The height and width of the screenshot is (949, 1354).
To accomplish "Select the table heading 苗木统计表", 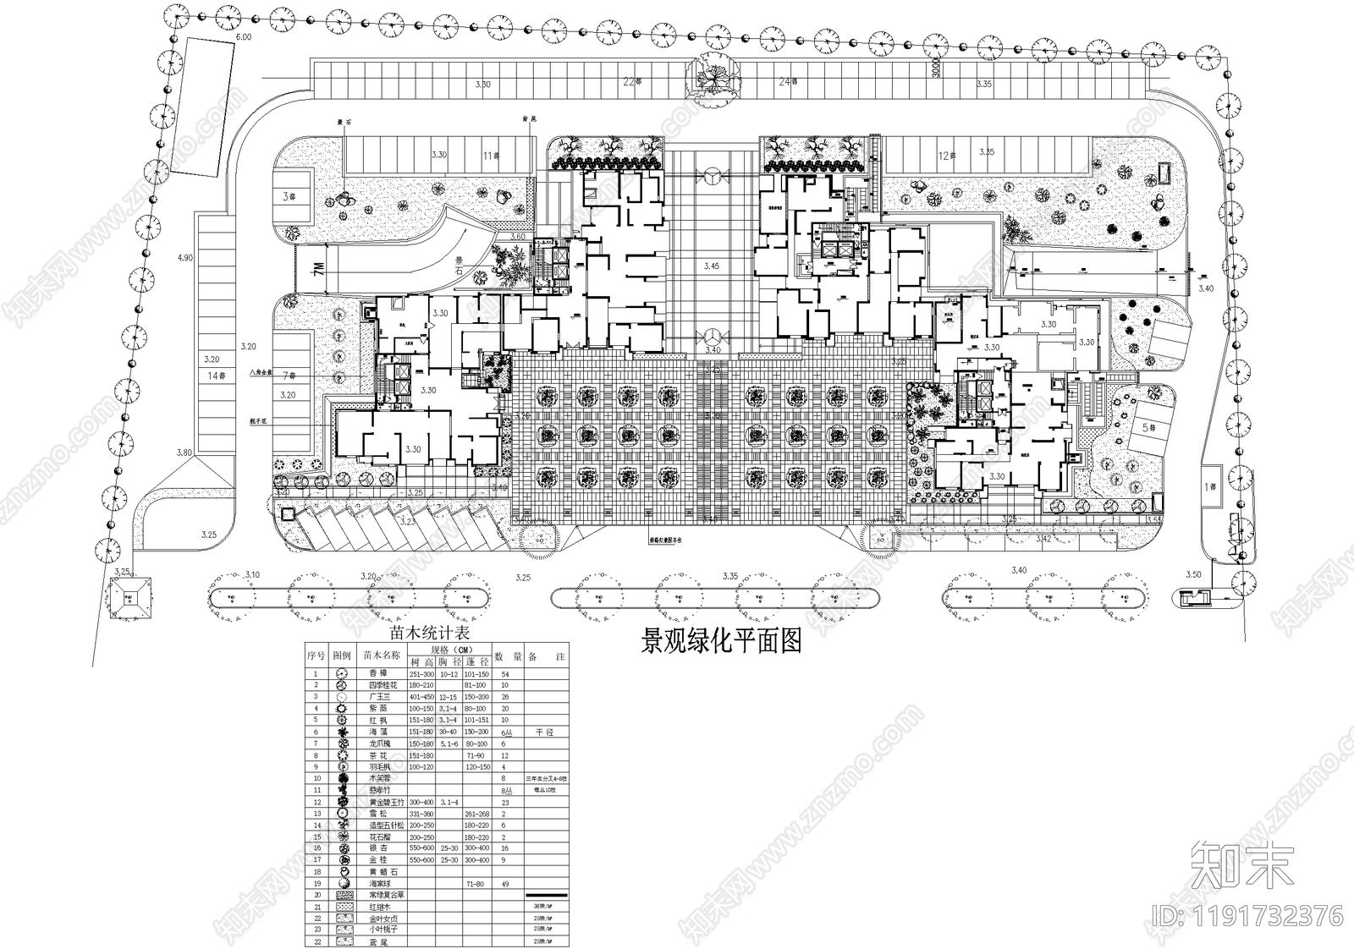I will (428, 632).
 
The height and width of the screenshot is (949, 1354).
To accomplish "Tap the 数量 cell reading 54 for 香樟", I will (505, 674).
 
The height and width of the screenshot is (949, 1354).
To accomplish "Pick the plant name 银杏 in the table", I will (377, 848).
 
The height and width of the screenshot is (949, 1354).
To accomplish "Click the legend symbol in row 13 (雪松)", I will (342, 813).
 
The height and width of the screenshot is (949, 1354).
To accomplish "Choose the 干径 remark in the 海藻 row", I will (544, 732).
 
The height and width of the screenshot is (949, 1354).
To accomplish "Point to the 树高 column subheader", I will (421, 661).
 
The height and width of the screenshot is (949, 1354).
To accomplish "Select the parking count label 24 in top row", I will (787, 82).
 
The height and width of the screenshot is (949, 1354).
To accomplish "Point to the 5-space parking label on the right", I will (1148, 428).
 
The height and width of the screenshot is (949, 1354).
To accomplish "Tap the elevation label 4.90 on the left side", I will (186, 257).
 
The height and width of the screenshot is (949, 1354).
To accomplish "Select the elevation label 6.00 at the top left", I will (244, 38).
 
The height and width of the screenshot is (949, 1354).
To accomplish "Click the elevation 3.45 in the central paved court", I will (711, 266).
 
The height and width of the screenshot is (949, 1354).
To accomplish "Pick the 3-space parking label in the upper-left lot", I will (289, 195).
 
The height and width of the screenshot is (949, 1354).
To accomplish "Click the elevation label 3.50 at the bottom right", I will (1193, 575).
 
